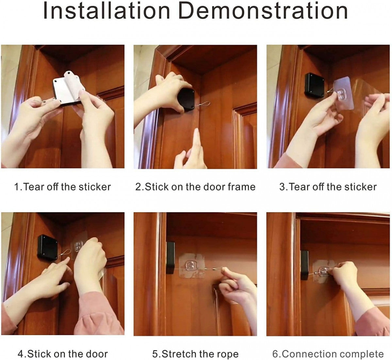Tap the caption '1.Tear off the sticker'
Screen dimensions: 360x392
[x=62, y=187]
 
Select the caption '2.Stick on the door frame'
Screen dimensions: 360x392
[x=195, y=187]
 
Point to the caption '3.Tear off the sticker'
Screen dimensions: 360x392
[x=328, y=187]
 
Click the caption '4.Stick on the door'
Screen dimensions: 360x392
[x=62, y=354]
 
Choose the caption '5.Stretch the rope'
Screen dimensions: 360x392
[x=195, y=354]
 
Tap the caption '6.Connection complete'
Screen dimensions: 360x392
[x=328, y=354]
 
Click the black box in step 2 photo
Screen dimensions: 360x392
[x=187, y=99]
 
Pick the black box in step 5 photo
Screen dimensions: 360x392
[x=170, y=258]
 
